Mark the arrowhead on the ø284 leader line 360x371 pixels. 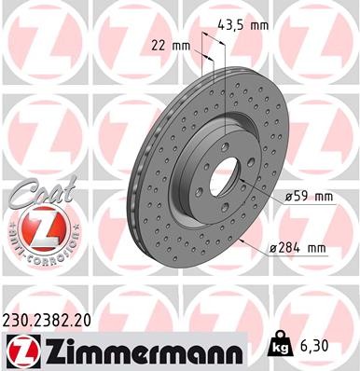click(242, 240)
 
